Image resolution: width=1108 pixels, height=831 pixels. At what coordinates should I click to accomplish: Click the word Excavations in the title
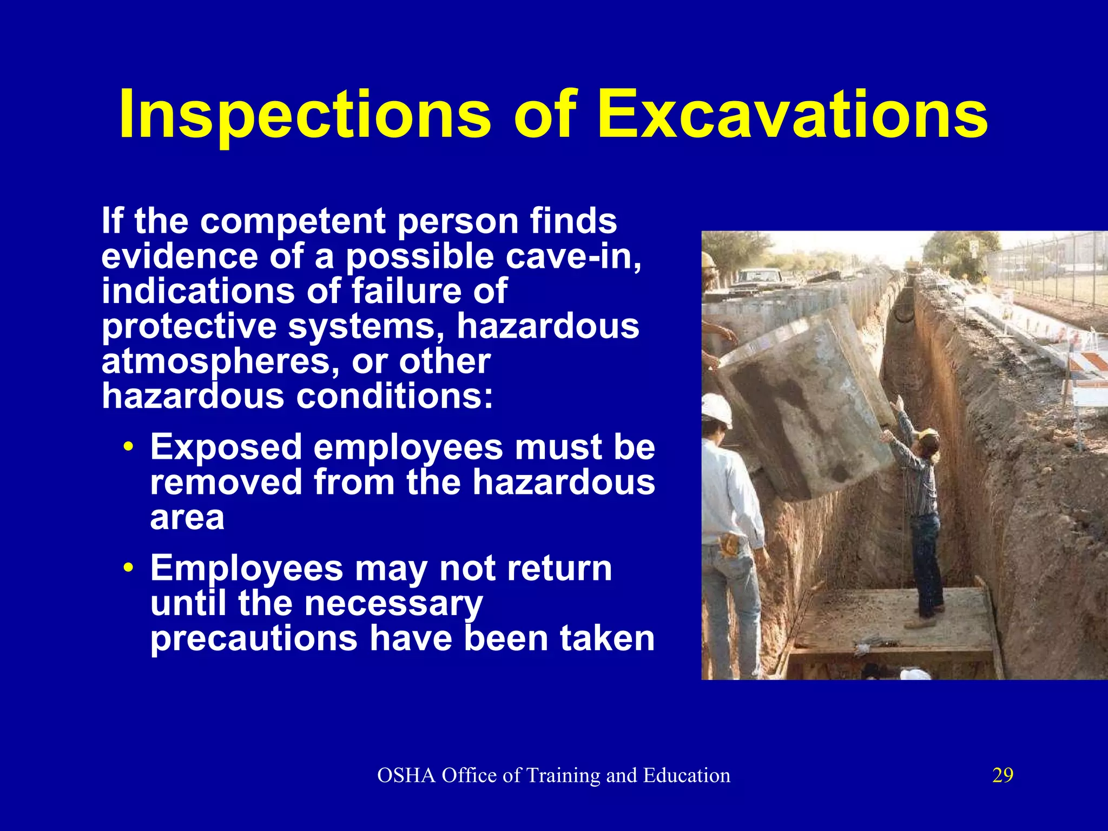coord(792,115)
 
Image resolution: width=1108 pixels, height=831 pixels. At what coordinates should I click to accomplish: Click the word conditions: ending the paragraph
coord(394,397)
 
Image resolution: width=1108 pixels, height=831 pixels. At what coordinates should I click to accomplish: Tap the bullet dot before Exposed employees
coord(128,448)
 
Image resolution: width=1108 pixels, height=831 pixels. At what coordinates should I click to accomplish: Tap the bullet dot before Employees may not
coord(128,569)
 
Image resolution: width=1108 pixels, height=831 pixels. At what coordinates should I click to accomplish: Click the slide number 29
coord(1003,775)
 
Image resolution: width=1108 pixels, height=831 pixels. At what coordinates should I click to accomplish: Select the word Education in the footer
coord(687,775)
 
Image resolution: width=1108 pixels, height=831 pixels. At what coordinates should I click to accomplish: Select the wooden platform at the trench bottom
coord(893,622)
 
